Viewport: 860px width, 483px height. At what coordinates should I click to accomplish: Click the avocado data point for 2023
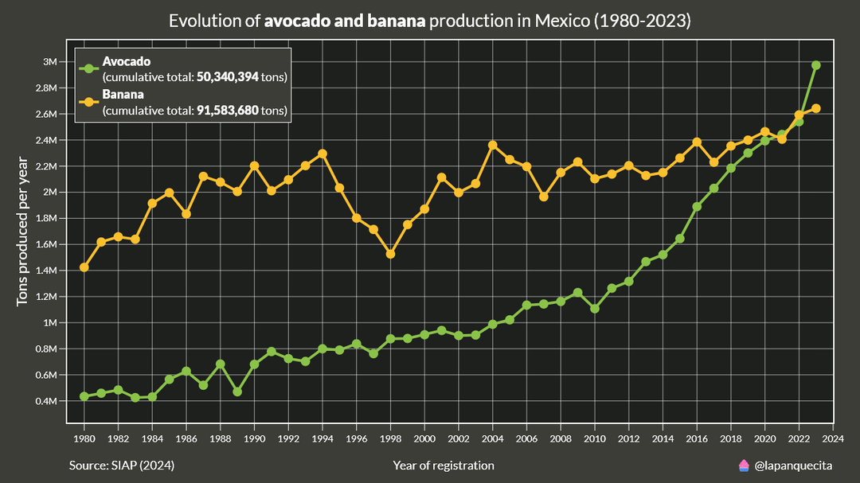click(x=816, y=65)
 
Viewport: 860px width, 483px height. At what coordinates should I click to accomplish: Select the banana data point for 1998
click(x=390, y=254)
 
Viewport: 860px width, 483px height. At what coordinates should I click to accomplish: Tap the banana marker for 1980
click(x=84, y=267)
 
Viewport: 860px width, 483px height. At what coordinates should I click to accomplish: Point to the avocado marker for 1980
click(x=84, y=396)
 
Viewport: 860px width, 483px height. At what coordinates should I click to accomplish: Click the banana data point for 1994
click(x=322, y=154)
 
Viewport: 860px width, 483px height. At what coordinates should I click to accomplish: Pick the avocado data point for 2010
click(x=595, y=308)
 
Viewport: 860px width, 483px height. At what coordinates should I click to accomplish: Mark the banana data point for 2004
click(x=493, y=145)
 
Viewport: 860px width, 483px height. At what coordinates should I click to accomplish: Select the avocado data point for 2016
click(x=697, y=206)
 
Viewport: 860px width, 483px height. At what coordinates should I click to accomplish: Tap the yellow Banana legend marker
click(x=88, y=102)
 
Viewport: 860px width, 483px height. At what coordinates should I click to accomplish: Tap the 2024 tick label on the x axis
click(x=833, y=438)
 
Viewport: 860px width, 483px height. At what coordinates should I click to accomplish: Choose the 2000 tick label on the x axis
click(x=424, y=438)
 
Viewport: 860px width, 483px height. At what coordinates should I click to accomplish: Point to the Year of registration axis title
click(x=443, y=465)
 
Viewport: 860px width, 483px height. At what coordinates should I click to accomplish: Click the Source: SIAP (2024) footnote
click(x=121, y=465)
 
